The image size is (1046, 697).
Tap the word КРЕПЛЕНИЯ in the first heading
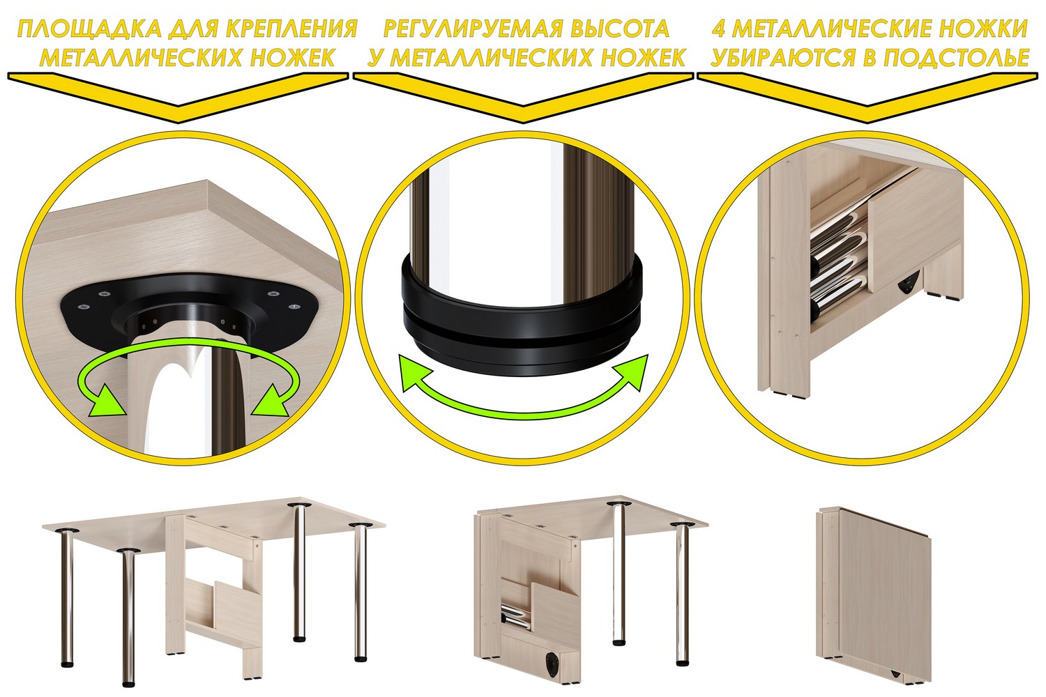pyautogui.click(x=292, y=29)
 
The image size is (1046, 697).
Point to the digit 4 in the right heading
pyautogui.click(x=719, y=29)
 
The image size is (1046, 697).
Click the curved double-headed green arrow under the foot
pyautogui.click(x=523, y=414)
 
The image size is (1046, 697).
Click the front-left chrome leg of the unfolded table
pyautogui.click(x=127, y=618)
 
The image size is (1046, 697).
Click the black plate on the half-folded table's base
pyautogui.click(x=554, y=664)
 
